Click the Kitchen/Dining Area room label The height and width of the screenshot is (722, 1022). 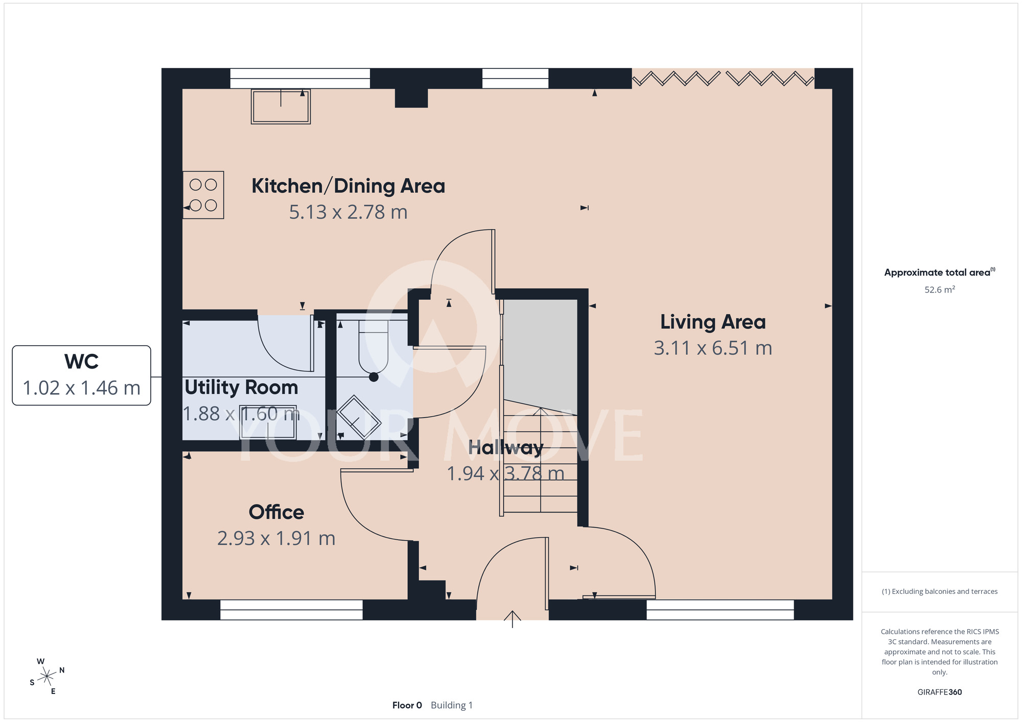(348, 186)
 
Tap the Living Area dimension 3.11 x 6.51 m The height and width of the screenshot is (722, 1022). (713, 348)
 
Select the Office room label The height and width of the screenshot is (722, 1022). (276, 512)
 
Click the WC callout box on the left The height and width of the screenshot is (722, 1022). (81, 375)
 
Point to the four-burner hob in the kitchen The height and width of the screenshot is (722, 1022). (203, 195)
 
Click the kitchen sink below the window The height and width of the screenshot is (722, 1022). (281, 106)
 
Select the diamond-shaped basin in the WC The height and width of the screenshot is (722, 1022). (359, 418)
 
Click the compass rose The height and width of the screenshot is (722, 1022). (47, 677)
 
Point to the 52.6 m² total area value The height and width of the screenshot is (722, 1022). (940, 290)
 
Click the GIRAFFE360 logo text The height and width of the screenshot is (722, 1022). (940, 692)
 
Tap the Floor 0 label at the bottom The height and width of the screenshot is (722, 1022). (407, 705)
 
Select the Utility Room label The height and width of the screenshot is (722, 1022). (241, 388)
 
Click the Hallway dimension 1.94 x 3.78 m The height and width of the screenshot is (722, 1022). (505, 473)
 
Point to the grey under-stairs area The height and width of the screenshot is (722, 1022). (540, 356)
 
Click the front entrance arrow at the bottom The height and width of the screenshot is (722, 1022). (512, 619)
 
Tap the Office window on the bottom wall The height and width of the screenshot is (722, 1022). (291, 610)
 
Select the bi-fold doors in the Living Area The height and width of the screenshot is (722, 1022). (723, 79)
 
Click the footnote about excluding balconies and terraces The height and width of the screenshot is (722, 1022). (940, 591)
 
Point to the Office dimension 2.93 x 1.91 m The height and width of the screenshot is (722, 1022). (276, 538)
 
